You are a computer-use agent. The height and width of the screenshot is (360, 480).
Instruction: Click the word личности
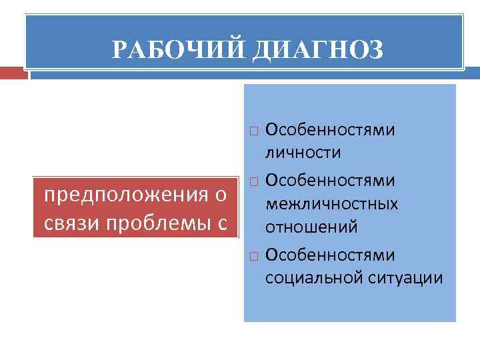[303, 153]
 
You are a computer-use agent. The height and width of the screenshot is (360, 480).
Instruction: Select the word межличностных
[331, 203]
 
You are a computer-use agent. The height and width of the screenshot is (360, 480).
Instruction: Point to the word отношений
[311, 227]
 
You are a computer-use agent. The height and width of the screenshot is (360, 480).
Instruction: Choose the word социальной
[313, 277]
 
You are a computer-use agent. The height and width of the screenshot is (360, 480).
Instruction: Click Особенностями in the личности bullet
[330, 129]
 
